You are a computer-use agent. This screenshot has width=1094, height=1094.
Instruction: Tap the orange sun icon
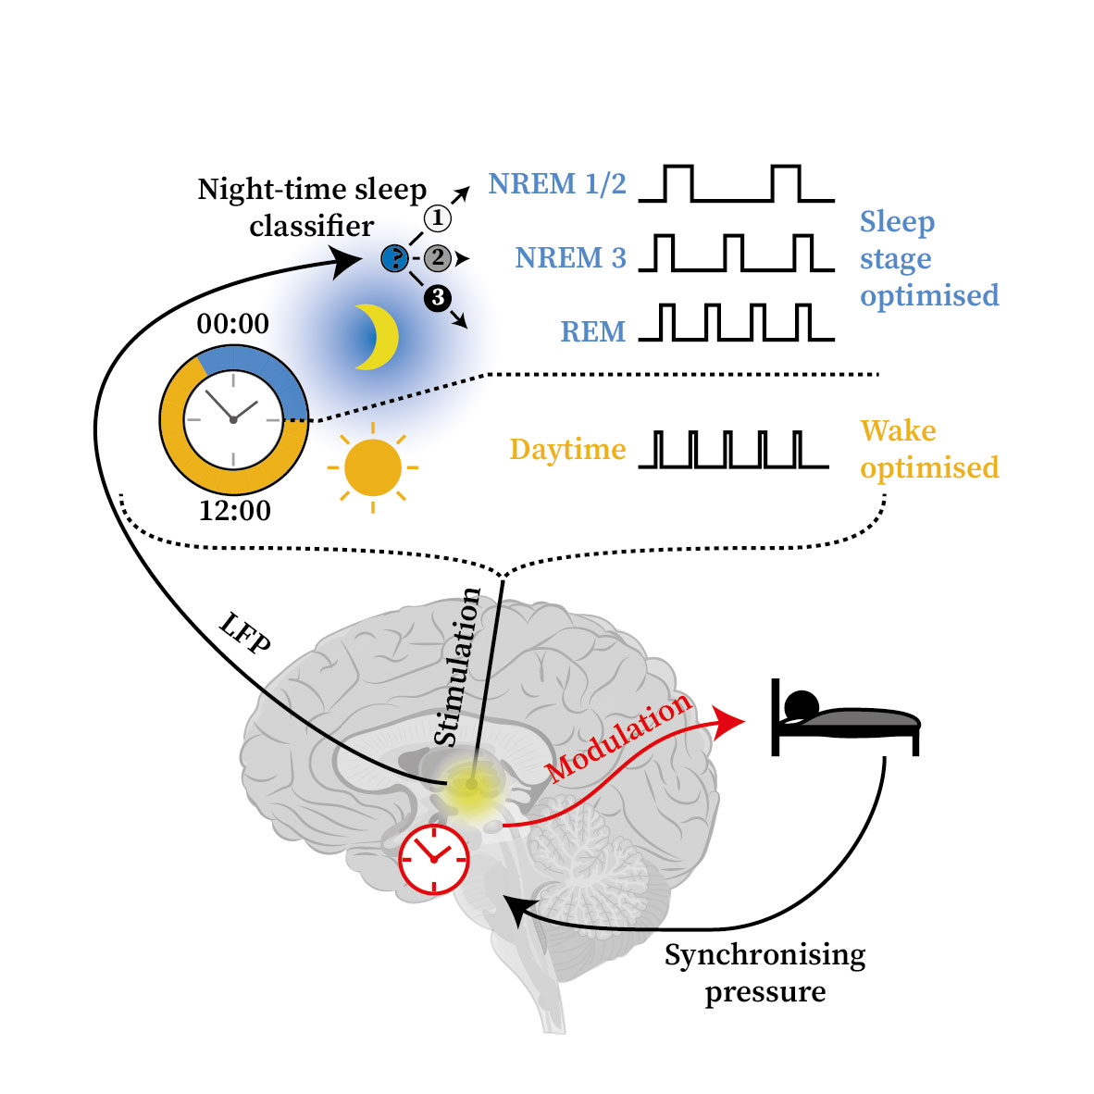pyautogui.click(x=373, y=467)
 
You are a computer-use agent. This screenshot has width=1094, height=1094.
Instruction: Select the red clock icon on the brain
pyautogui.click(x=434, y=859)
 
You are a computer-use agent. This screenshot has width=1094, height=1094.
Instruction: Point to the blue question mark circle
pyautogui.click(x=395, y=259)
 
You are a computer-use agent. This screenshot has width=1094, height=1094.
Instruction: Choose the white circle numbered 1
pyautogui.click(x=438, y=218)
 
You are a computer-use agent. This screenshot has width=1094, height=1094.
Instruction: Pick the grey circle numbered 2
pyautogui.click(x=438, y=258)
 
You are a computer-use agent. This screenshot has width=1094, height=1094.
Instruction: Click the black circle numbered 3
pyautogui.click(x=438, y=299)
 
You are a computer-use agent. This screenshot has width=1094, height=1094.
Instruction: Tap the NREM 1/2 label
pyautogui.click(x=557, y=184)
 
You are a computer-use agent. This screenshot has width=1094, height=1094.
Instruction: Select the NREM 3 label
pyautogui.click(x=571, y=258)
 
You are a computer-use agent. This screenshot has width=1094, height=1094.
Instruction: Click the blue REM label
pyautogui.click(x=593, y=332)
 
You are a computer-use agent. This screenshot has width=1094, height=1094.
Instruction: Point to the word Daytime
pyautogui.click(x=568, y=450)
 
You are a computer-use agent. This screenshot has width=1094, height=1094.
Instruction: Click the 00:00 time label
pyautogui.click(x=233, y=324)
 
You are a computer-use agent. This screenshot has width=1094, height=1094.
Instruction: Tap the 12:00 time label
pyautogui.click(x=235, y=511)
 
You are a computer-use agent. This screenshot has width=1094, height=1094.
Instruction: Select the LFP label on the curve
pyautogui.click(x=245, y=633)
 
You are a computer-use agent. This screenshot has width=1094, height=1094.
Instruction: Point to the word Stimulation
pyautogui.click(x=457, y=667)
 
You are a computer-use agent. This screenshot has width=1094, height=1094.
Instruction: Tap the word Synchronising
pyautogui.click(x=765, y=954)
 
